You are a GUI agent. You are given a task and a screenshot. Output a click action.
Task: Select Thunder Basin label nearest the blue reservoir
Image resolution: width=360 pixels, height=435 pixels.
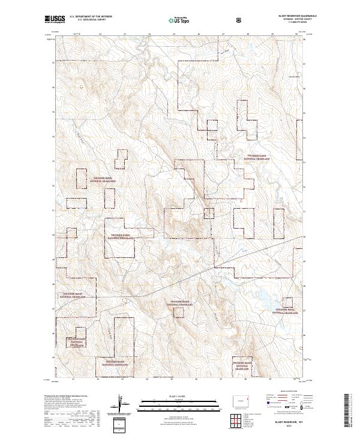click(287, 310)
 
